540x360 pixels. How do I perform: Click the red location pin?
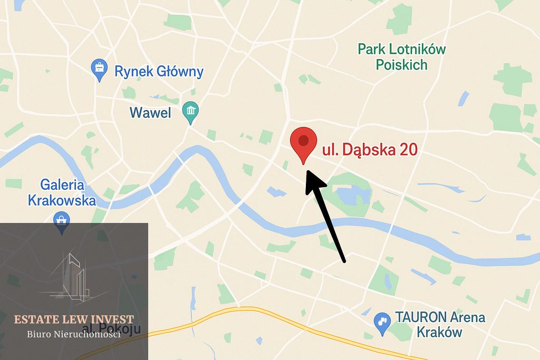[303, 142]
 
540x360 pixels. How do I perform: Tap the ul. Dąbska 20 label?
[370, 150]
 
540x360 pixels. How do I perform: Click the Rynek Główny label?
[159, 72]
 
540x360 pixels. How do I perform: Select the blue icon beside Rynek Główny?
[99, 69]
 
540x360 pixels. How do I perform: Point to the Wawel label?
[150, 113]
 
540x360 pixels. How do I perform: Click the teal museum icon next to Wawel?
[190, 111]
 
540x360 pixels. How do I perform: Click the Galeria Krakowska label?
[62, 193]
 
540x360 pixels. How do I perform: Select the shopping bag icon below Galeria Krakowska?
[62, 221]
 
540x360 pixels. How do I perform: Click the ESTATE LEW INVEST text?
[74, 319]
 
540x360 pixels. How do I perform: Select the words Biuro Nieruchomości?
[74, 334]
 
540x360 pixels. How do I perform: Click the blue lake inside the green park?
[351, 195]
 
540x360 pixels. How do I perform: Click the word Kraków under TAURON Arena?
[439, 333]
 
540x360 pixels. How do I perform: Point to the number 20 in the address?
[406, 150]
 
